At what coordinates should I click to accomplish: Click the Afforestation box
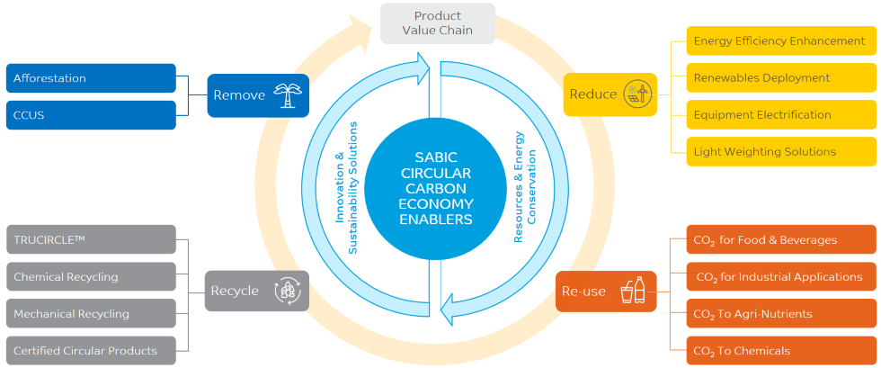pos(91,78)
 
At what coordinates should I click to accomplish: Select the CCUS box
pos(91,115)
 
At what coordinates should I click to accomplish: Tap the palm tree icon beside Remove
pos(288,94)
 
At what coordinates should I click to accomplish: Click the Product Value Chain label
pos(438,22)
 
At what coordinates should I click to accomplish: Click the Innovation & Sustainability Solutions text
pos(346,189)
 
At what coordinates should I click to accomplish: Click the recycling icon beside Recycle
pos(288,291)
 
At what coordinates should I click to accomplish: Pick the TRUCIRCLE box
pos(91,240)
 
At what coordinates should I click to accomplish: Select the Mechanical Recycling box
pos(91,314)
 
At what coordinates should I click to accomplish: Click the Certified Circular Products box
pos(91,351)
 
